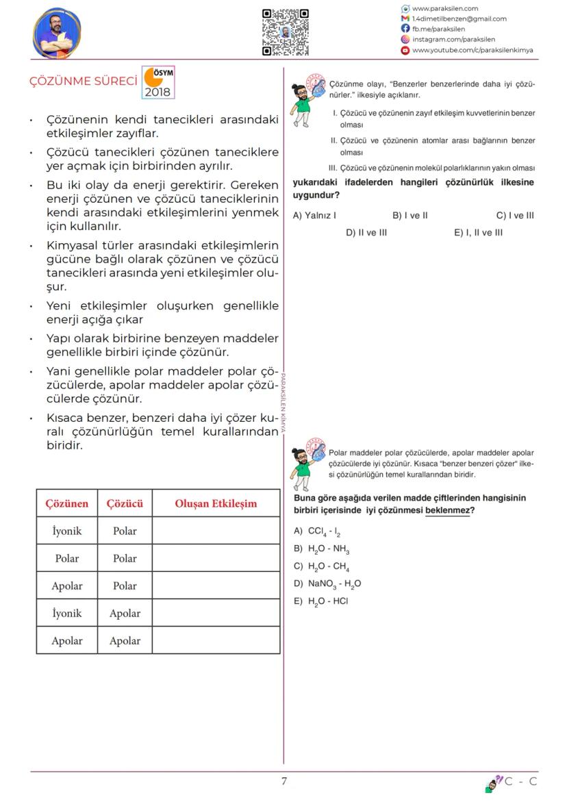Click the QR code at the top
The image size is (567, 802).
tap(285, 32)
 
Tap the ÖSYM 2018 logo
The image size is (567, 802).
tap(157, 82)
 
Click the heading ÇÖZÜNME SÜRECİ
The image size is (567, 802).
tap(83, 81)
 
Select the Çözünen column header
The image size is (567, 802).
tap(67, 503)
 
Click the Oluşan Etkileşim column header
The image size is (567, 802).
tap(216, 503)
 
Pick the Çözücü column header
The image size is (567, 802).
tap(125, 503)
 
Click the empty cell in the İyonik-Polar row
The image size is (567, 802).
tap(216, 531)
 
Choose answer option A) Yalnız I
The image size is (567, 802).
tap(314, 216)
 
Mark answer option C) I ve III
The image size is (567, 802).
tap(515, 216)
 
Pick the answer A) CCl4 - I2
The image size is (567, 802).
tap(317, 531)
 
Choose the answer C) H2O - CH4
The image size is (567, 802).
tap(322, 566)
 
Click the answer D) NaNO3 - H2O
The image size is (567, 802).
tap(327, 584)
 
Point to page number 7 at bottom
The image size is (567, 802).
tap(284, 781)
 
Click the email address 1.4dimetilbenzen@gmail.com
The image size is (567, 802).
tap(459, 19)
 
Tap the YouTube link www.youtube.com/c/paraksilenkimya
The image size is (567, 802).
tap(472, 50)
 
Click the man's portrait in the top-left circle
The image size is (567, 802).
tap(56, 33)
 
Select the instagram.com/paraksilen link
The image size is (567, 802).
tap(453, 40)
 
